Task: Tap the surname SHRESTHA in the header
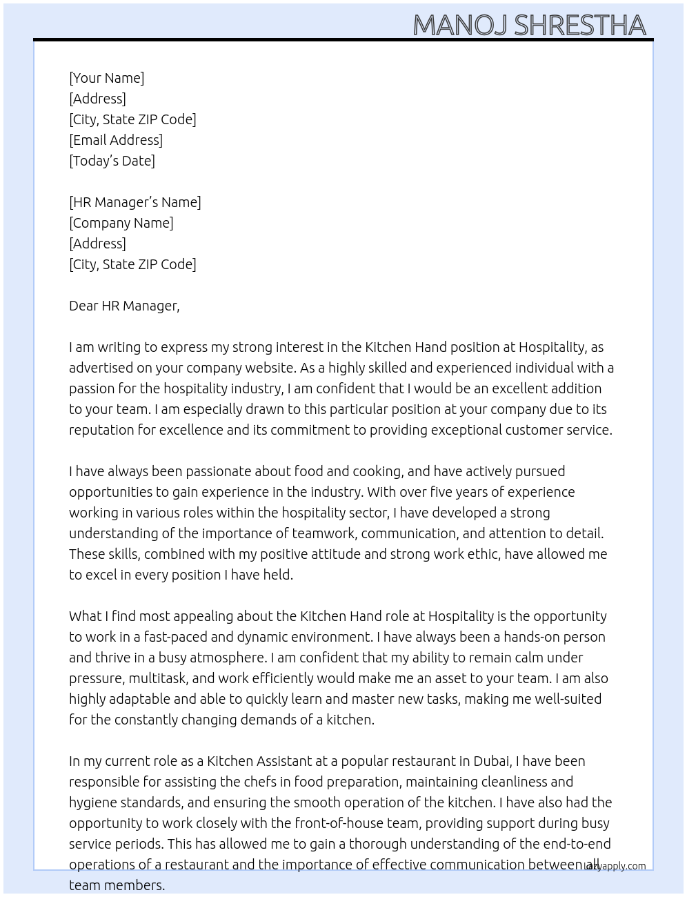tap(580, 26)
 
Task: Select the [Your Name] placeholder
tap(107, 78)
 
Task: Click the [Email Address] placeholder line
tap(116, 140)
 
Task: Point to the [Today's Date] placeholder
tap(112, 161)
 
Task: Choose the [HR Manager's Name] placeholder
tap(135, 202)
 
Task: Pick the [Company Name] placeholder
tap(121, 223)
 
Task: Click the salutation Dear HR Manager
tap(124, 306)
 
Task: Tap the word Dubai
tap(492, 761)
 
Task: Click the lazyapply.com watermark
tap(616, 866)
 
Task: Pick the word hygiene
tap(93, 802)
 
